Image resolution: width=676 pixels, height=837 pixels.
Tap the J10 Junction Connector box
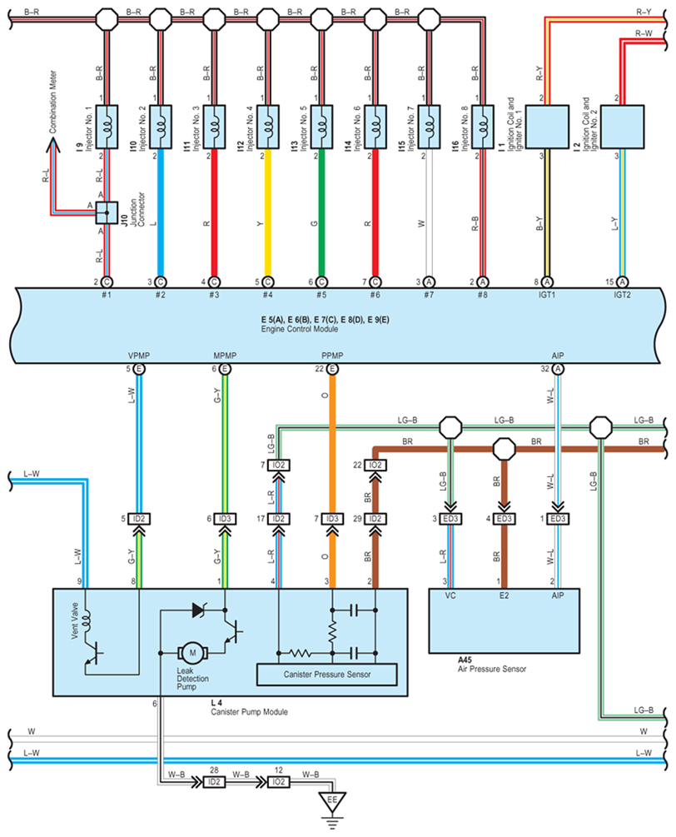[107, 214]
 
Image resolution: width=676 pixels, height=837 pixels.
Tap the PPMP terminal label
[331, 356]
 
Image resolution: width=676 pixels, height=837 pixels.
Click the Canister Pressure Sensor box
[327, 673]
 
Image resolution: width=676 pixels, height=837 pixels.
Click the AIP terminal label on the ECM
[557, 356]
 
